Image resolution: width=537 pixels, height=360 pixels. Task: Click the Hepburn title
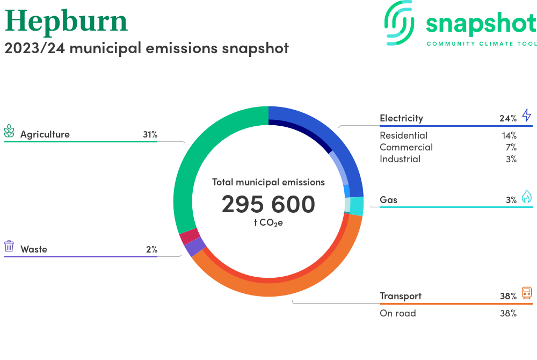point(66,21)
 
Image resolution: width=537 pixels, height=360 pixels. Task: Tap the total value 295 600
point(268,204)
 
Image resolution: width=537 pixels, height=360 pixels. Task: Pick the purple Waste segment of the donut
point(195,247)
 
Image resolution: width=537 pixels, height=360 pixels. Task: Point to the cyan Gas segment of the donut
point(357,206)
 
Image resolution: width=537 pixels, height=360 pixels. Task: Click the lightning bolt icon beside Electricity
point(527,116)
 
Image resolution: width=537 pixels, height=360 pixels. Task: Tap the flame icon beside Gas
point(527,197)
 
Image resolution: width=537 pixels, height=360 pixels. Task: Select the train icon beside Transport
point(527,293)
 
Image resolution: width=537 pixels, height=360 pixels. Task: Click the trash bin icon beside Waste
point(9,246)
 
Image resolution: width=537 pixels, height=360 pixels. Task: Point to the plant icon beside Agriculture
point(9,131)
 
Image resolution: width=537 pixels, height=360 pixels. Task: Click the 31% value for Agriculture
point(150,135)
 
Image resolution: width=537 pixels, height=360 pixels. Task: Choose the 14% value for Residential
point(509,135)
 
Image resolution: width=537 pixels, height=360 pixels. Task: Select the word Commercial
point(406,147)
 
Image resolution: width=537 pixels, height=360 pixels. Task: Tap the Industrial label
point(400,159)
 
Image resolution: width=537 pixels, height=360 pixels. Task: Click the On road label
point(397,313)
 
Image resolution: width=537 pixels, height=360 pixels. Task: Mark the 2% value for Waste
point(152,249)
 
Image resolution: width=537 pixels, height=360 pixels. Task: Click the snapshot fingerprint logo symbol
point(399,23)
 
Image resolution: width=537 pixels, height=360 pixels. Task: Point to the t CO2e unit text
point(268,223)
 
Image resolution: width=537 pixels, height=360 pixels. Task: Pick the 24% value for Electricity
point(508,119)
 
